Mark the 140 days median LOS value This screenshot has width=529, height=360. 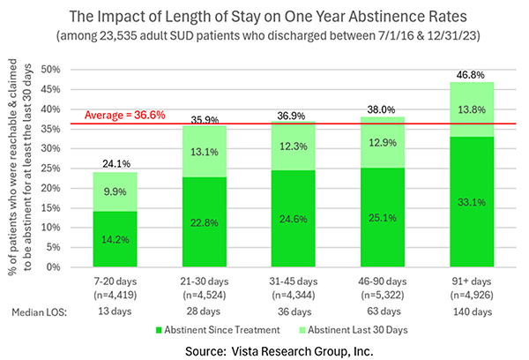coord(467,311)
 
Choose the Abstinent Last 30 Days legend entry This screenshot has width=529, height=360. coord(370,328)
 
